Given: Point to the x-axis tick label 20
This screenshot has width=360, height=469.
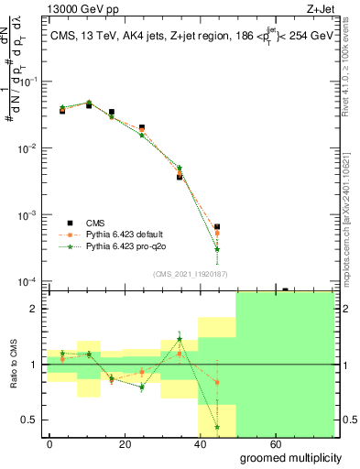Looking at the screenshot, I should [x=121, y=442].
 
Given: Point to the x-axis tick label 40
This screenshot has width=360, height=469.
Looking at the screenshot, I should [x=192, y=442].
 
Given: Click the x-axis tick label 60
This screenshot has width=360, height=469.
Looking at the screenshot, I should [x=264, y=442].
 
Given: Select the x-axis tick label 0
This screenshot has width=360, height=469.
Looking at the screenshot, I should [x=49, y=442].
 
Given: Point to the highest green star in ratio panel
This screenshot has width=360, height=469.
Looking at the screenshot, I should [x=180, y=339].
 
